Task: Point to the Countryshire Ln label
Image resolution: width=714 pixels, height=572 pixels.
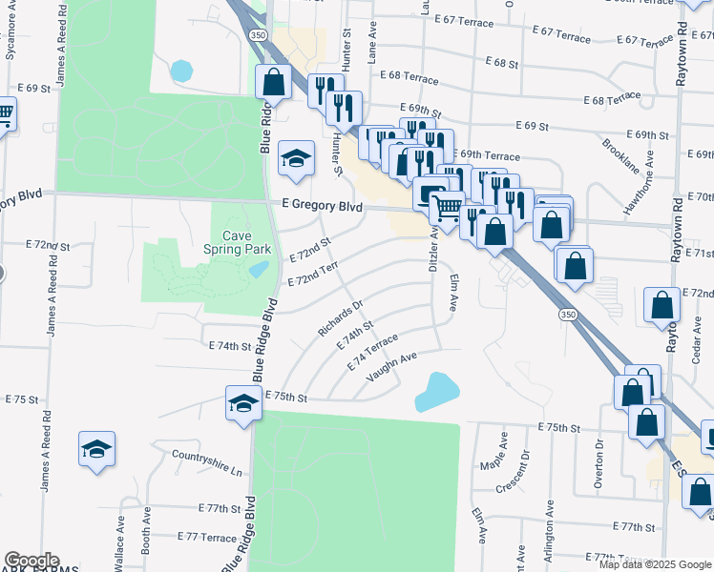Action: tap(207, 463)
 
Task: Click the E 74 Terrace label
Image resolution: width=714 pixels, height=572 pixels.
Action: tap(372, 353)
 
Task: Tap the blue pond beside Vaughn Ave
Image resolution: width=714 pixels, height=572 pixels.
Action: tap(435, 391)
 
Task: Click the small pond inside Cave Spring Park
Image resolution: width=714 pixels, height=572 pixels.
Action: tap(258, 269)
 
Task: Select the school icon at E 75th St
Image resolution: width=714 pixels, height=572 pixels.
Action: tap(243, 404)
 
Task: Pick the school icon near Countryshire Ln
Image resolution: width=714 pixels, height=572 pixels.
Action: tap(96, 449)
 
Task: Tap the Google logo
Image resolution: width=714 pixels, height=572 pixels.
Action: tap(31, 561)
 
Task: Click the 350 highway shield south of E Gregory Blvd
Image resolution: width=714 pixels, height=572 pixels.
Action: tap(568, 314)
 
